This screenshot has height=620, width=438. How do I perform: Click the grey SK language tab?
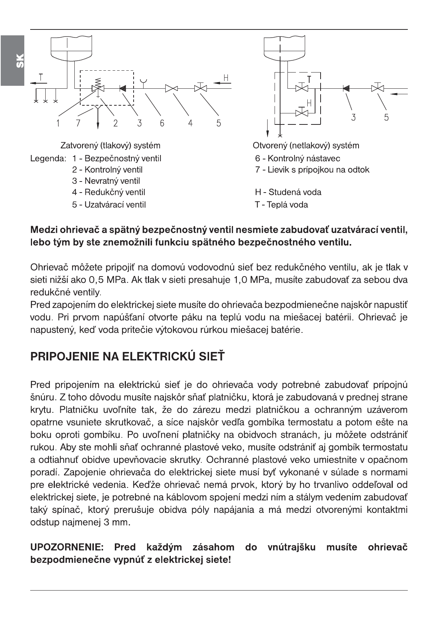pos(12,60)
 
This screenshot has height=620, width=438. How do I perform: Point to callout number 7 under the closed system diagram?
pos(78,123)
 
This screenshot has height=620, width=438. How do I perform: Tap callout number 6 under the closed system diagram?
pos(162,123)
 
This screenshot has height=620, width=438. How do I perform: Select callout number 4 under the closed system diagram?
pos(190,123)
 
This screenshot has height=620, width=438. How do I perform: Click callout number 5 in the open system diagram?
pos(386,117)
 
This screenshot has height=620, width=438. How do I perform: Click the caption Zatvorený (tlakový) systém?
pos(110,145)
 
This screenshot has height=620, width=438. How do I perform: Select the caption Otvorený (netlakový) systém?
pos(306,145)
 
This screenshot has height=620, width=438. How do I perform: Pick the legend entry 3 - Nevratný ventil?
pos(106,181)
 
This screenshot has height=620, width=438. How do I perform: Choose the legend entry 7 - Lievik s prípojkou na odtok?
pos(312,170)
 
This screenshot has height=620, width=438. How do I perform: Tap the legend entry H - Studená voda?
pos(288,192)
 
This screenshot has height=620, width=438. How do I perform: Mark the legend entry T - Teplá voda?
pos(281,205)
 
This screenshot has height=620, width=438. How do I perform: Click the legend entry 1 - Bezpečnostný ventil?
pos(117,159)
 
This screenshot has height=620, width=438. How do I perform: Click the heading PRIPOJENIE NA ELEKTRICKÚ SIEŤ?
pos(127,356)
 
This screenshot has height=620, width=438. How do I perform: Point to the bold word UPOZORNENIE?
pos(67,547)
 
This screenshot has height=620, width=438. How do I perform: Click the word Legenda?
pos(48,159)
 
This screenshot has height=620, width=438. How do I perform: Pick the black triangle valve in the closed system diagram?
pos(123,88)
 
